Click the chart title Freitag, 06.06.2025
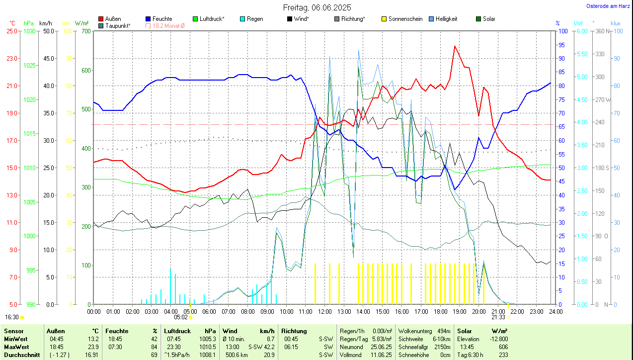[317, 7]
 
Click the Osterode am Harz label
[608, 6]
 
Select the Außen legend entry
[113, 19]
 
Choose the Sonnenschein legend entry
[405, 19]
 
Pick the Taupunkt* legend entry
[118, 25]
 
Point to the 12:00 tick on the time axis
[324, 311]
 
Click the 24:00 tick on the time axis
[555, 311]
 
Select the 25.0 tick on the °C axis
[11, 31]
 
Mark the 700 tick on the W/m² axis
[86, 31]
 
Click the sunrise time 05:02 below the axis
[181, 317]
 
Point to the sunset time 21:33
[498, 317]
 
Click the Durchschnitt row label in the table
[21, 355]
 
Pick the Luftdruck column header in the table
[177, 331]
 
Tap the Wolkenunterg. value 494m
[444, 331]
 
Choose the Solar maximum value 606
[503, 347]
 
